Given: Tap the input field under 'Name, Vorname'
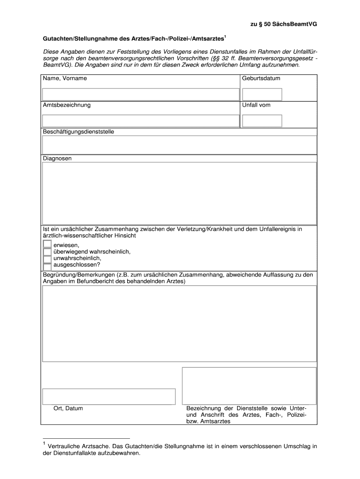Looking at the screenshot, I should click(x=141, y=94).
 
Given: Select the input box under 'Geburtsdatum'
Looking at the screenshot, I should click(x=262, y=94).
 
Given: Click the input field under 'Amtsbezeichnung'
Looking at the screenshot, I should click(x=141, y=121).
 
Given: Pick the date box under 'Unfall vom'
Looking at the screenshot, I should click(x=262, y=121).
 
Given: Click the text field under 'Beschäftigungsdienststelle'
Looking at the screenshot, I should click(x=180, y=145).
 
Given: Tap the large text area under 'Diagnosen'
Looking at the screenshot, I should click(x=180, y=193).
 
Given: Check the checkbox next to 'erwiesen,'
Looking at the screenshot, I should click(x=47, y=245).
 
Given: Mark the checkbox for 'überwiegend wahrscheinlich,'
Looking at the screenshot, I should click(x=47, y=252).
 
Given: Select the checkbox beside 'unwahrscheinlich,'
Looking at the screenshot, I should click(x=47, y=258).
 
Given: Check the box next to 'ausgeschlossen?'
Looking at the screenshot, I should click(x=47, y=265).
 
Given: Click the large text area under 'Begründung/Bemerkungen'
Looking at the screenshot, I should click(x=180, y=324).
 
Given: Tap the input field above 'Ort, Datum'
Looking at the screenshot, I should click(x=109, y=396).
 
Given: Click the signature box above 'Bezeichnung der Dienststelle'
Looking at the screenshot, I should click(x=249, y=386).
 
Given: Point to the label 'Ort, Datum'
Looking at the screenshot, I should click(x=68, y=408).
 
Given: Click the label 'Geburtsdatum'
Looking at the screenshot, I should click(x=261, y=79).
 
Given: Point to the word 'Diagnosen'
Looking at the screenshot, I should click(x=58, y=159).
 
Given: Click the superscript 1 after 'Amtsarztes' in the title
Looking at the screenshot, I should click(x=226, y=36).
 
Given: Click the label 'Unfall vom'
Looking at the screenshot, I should click(x=256, y=105).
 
